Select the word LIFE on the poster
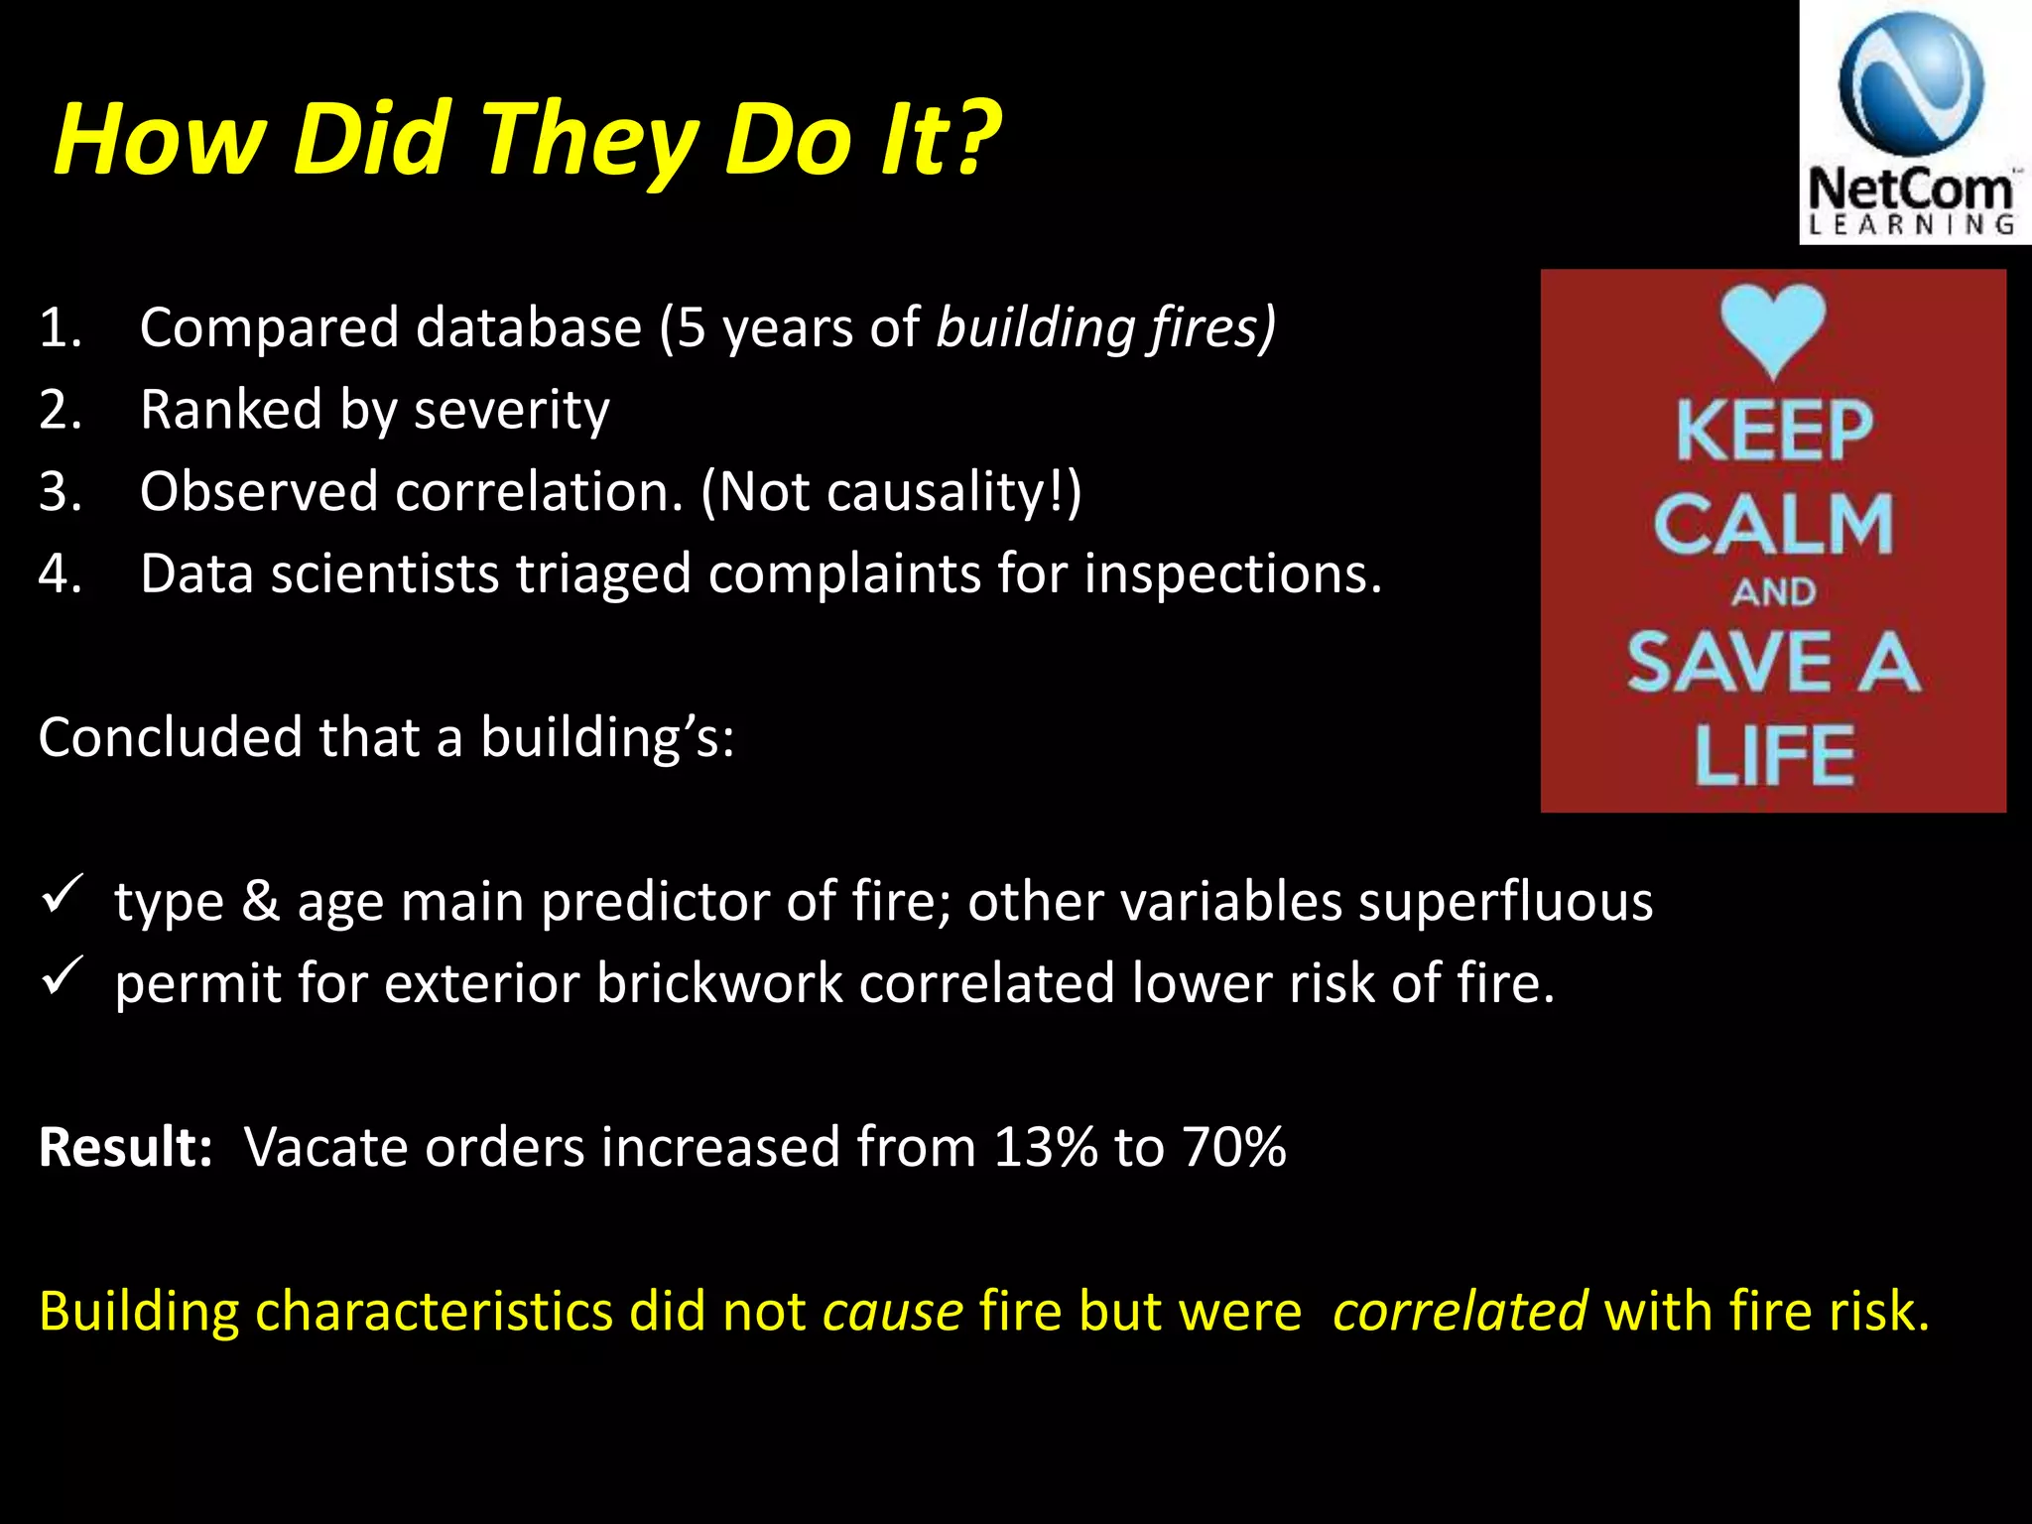(x=1773, y=756)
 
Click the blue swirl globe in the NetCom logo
(x=1910, y=87)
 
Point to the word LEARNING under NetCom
(x=1911, y=225)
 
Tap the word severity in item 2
(x=511, y=410)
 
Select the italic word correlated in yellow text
(x=1460, y=1311)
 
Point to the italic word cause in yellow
(x=892, y=1313)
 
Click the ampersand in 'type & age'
(x=261, y=902)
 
